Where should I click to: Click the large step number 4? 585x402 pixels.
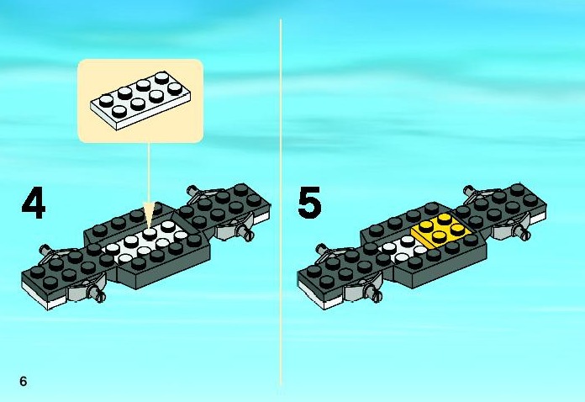(x=33, y=204)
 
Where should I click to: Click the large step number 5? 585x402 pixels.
(x=309, y=204)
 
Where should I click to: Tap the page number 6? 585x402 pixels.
(x=24, y=382)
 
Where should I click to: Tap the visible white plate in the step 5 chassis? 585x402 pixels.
(x=403, y=248)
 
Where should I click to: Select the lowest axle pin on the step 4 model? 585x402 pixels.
(x=102, y=295)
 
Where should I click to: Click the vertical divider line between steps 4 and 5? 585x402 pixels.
(x=280, y=202)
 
